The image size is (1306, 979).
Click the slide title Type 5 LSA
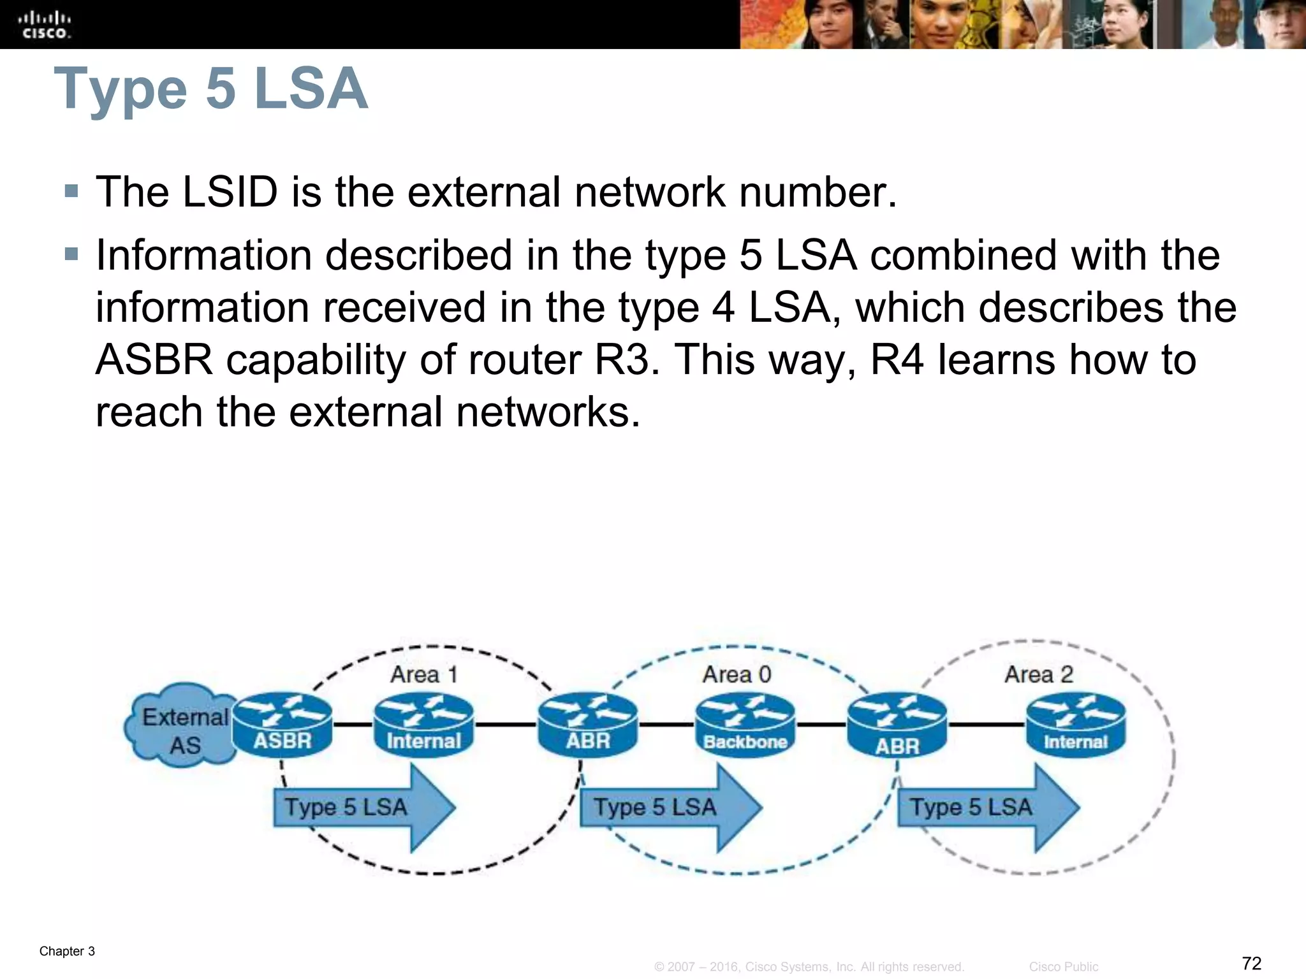coord(210,89)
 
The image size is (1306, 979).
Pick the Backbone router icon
coord(745,725)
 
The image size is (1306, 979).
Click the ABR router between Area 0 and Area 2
coord(897,727)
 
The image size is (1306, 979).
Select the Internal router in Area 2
coord(1075,725)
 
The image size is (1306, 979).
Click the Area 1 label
coord(424,674)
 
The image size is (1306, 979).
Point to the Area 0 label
coord(737,674)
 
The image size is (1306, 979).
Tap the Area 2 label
coord(1039,674)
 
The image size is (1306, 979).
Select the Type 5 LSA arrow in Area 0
coord(666,808)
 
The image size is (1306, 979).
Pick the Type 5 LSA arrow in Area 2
coord(983,808)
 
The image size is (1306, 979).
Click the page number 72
coord(1251,962)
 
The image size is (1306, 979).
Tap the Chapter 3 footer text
coord(67,951)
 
